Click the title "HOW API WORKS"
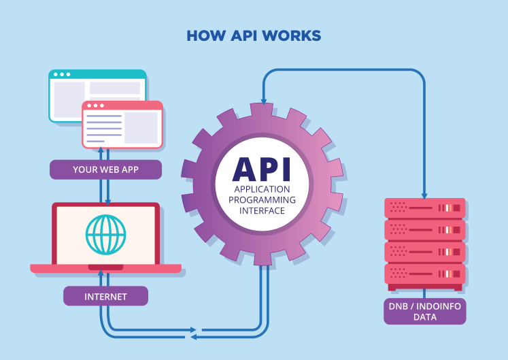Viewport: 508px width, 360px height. click(x=254, y=35)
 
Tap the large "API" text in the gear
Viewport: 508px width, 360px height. click(x=262, y=169)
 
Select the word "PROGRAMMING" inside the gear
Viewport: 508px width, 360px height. click(x=262, y=199)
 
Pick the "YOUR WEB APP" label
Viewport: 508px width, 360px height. click(x=105, y=169)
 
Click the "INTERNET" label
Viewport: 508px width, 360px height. click(x=105, y=297)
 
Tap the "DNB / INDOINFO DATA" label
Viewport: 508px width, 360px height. click(x=424, y=312)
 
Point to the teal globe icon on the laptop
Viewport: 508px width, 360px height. click(x=105, y=235)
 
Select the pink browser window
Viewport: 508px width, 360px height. click(x=122, y=125)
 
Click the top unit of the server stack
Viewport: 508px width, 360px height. click(x=424, y=208)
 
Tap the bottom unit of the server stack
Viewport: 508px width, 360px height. click(x=424, y=274)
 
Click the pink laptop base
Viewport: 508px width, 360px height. click(x=105, y=269)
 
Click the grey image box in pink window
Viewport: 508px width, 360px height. click(x=141, y=127)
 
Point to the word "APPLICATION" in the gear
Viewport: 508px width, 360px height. click(x=262, y=189)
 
